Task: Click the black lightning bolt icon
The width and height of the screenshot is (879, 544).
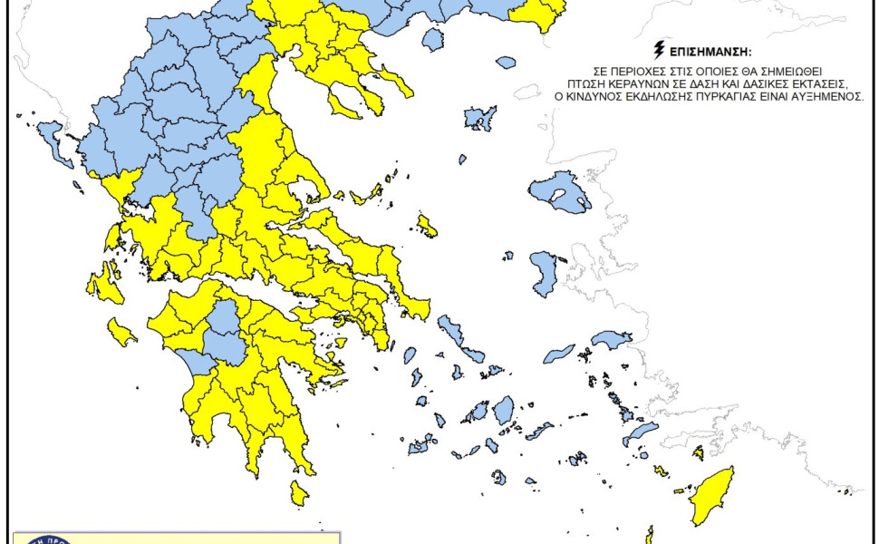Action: (659, 52)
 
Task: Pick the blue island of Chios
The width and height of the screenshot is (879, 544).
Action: (546, 273)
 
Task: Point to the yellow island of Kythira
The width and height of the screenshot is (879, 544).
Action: (298, 493)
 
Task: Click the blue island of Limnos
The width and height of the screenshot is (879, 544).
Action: (479, 118)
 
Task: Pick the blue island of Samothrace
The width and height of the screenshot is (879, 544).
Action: (505, 63)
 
